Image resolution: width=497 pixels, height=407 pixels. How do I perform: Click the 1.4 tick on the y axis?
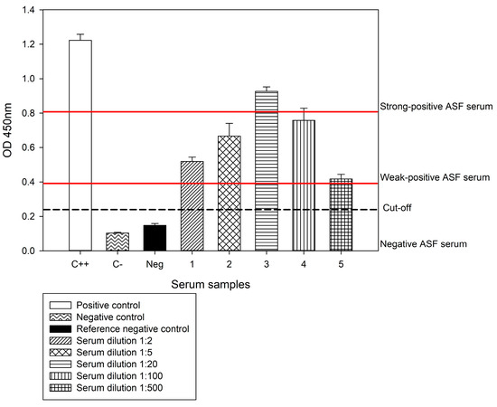click(35, 10)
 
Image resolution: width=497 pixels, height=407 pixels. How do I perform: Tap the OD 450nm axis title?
click(12, 130)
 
